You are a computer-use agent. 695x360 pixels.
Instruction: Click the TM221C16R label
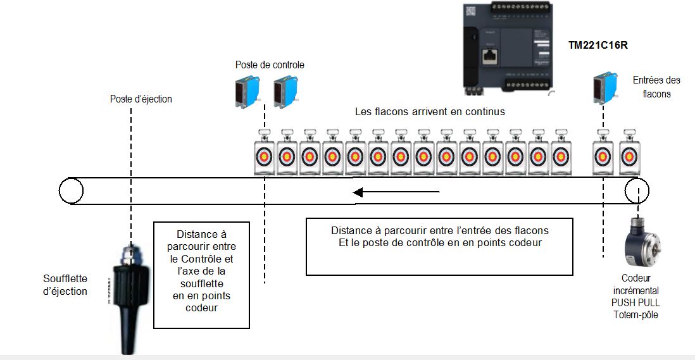coord(598,45)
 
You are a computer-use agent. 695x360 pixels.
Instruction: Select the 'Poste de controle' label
coord(270,65)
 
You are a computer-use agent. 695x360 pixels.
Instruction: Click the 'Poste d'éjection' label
coord(141,99)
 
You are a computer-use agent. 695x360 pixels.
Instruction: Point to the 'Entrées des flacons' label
coord(656,87)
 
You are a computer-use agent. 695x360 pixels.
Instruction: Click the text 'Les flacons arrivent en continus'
coord(430,111)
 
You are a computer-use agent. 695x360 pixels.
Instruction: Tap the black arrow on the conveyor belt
coord(396,192)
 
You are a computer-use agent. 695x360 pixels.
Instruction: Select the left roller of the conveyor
coord(70,190)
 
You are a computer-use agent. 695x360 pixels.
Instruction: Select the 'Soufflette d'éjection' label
coord(65,285)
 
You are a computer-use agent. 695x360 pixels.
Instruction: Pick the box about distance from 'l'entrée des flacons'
coord(439,246)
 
